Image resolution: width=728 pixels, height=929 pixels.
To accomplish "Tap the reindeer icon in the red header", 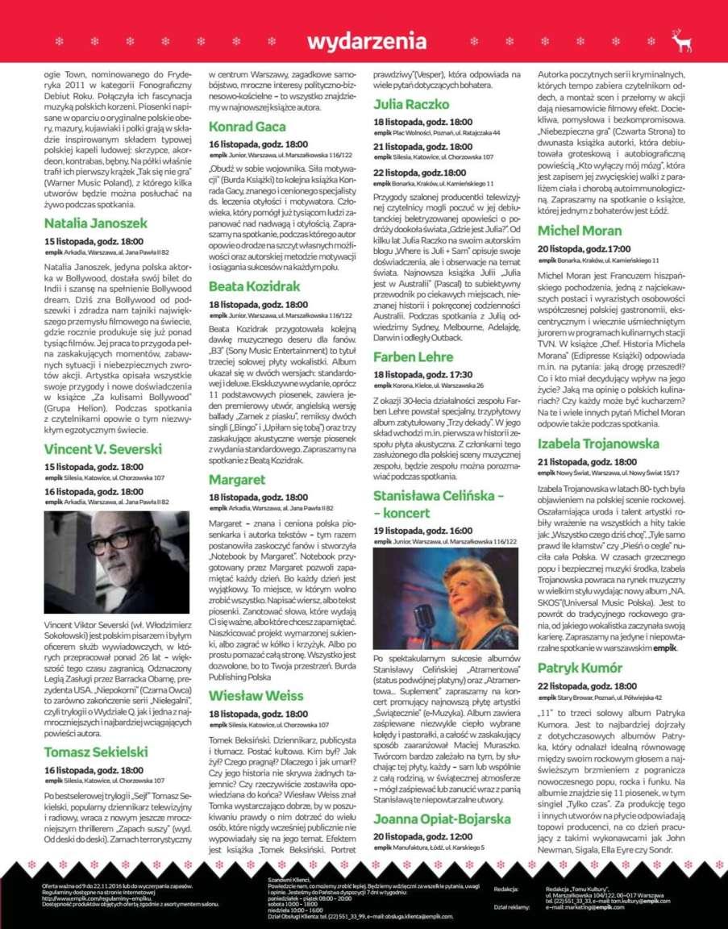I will tap(681, 41).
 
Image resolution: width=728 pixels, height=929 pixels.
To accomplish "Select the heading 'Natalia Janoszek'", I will tap(95, 223).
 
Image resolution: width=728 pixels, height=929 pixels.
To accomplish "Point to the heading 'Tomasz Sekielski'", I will tap(96, 752).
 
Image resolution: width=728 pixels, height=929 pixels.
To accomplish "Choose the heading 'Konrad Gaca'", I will tap(247, 127).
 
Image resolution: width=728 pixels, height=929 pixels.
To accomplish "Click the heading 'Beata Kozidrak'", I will tap(254, 286).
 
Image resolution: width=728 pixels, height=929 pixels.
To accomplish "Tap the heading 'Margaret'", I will tap(237, 480).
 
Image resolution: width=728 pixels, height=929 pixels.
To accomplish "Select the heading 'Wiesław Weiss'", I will tap(256, 695).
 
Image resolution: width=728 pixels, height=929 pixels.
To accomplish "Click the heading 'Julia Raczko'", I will tap(411, 104).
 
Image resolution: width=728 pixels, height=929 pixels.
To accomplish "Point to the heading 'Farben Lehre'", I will tap(413, 356).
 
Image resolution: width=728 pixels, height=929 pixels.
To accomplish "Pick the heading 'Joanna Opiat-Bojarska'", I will tap(442, 819).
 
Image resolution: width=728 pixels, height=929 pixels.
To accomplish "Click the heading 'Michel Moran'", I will tap(579, 231).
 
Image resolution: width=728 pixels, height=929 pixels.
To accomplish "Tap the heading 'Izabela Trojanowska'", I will tap(598, 444).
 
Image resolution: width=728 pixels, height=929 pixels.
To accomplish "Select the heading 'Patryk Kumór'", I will tap(580, 668).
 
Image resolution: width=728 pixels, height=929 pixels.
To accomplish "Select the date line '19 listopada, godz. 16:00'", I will tap(422, 531).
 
